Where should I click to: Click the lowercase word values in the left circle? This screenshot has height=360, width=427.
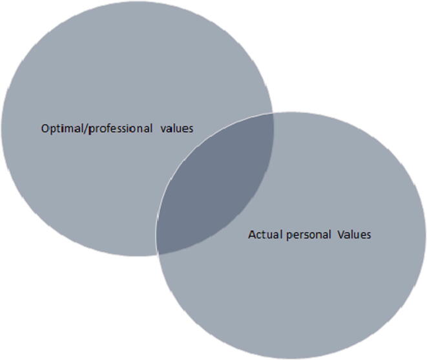pyautogui.click(x=178, y=128)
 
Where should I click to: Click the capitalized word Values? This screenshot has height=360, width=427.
pyautogui.click(x=355, y=235)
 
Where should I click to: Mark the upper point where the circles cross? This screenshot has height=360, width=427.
pyautogui.click(x=272, y=114)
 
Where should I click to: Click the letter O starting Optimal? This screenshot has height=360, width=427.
pyautogui.click(x=44, y=128)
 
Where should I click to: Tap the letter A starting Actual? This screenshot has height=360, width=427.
pyautogui.click(x=251, y=235)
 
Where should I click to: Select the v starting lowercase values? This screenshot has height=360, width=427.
pyautogui.click(x=164, y=128)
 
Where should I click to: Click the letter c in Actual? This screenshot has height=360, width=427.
pyautogui.click(x=258, y=235)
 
